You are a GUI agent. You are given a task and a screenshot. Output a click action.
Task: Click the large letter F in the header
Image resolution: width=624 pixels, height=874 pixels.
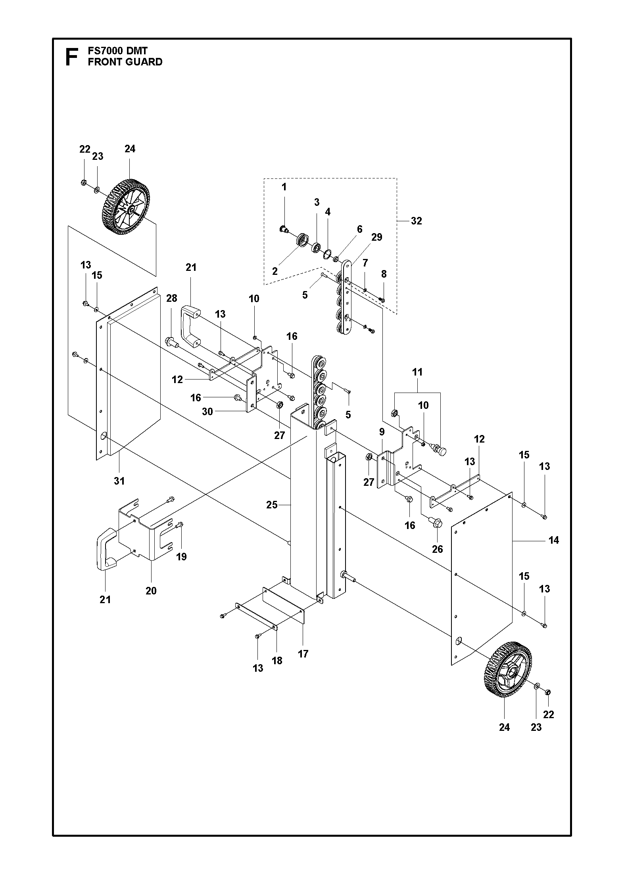71,57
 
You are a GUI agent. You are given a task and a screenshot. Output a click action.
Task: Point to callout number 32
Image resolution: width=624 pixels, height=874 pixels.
416,221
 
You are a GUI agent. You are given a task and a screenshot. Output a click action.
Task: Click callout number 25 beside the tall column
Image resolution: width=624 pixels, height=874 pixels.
272,505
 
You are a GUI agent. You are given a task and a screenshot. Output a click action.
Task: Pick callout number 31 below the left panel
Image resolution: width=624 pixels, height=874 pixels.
119,481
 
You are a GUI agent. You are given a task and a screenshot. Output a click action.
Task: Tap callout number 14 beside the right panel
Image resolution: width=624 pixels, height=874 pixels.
554,540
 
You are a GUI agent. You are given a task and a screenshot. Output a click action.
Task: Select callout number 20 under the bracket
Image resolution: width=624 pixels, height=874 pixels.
151,602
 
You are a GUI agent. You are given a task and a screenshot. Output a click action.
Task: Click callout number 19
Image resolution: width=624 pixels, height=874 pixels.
181,557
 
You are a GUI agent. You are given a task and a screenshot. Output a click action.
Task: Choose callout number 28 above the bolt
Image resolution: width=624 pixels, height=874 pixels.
171,298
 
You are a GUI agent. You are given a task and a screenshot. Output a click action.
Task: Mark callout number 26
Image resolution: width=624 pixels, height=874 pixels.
438,549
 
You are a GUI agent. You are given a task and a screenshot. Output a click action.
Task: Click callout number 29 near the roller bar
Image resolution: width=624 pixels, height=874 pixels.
377,237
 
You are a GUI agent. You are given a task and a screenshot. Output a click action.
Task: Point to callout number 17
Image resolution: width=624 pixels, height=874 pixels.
303,654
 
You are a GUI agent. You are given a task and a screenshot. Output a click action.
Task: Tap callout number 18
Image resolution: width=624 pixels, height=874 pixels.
277,660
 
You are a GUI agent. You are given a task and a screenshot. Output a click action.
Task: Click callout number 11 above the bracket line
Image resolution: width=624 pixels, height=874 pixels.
417,372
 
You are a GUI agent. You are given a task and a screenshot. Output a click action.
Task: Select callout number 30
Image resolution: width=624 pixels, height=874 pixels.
207,412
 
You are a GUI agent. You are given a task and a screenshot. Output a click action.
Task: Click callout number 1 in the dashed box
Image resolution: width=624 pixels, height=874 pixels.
284,187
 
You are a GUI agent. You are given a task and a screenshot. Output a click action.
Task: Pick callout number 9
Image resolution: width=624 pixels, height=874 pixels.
382,432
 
